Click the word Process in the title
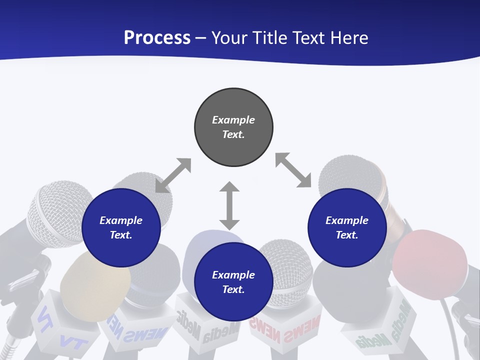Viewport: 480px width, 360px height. point(157,38)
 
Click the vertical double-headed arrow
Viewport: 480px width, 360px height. point(229,205)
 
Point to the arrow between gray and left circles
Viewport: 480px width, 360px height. point(173,175)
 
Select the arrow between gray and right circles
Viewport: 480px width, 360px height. point(293,170)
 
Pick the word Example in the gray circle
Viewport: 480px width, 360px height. point(233,120)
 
